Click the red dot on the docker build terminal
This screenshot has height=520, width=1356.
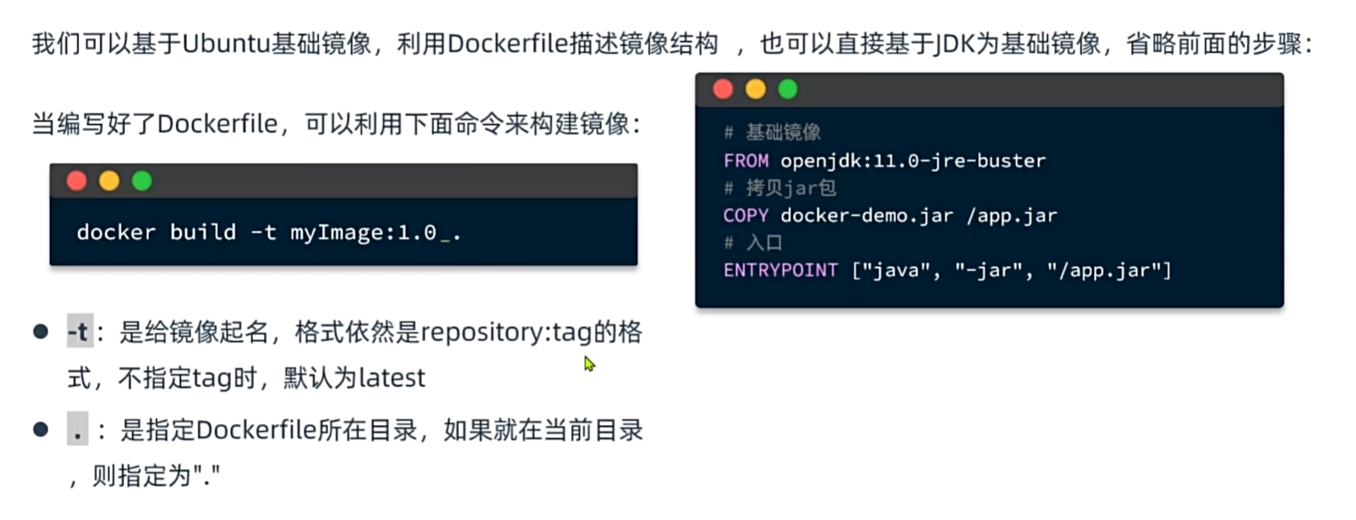(x=76, y=181)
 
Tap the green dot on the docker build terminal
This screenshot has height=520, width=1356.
(x=141, y=181)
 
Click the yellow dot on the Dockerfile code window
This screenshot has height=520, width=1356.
(x=755, y=90)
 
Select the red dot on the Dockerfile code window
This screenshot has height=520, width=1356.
(x=723, y=90)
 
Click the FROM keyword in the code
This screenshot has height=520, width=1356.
(x=746, y=161)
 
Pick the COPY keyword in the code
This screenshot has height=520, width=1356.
(x=746, y=216)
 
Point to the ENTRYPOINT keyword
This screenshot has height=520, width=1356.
(x=781, y=271)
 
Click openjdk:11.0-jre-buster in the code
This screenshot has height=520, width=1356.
(x=913, y=161)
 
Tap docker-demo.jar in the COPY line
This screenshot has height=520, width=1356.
(x=866, y=216)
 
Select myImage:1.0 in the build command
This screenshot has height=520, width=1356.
(x=363, y=233)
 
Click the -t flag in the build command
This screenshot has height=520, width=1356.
(x=263, y=233)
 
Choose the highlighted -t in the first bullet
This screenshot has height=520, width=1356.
(x=79, y=332)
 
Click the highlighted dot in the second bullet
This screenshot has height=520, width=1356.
(x=77, y=430)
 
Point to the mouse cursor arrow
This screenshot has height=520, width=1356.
(x=589, y=364)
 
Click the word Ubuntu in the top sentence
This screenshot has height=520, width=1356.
(x=226, y=44)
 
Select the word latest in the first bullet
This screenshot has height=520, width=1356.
(x=391, y=378)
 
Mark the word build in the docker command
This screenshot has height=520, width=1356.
(x=203, y=233)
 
